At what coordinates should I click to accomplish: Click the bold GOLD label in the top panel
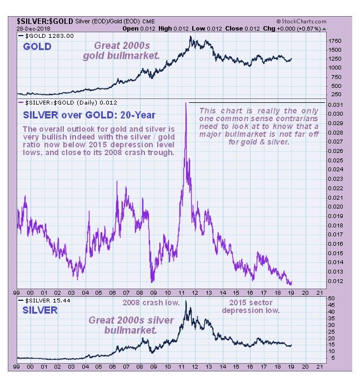[x=38, y=46]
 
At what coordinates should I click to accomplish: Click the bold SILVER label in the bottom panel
[x=40, y=310]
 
